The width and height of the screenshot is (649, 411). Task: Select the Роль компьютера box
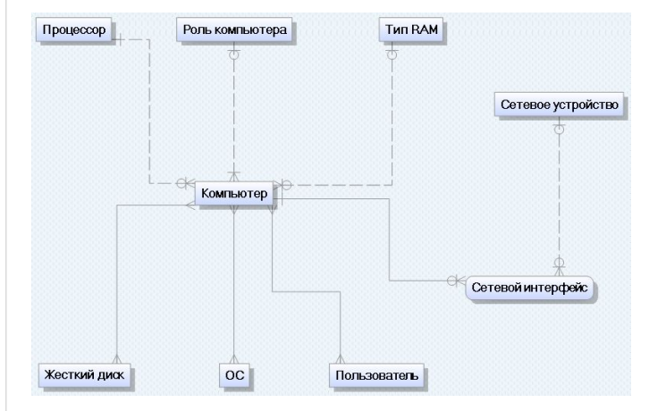(x=235, y=29)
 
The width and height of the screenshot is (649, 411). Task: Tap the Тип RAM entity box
(x=410, y=29)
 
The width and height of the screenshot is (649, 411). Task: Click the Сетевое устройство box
(x=558, y=105)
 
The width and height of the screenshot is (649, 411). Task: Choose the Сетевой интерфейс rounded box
(x=531, y=290)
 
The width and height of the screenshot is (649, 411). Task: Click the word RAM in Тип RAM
(x=423, y=29)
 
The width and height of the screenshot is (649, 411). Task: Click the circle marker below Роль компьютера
(x=234, y=55)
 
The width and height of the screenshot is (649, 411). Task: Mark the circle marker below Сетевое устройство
(x=558, y=130)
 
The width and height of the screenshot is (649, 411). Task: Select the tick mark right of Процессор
(x=120, y=39)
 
